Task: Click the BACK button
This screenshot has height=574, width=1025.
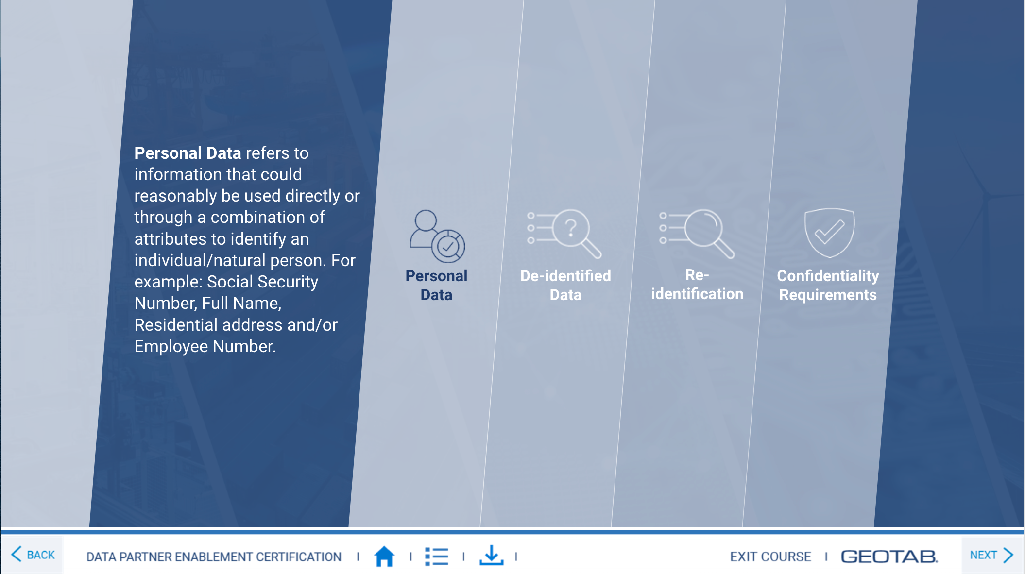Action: (x=33, y=555)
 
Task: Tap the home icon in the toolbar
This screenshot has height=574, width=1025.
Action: (x=384, y=556)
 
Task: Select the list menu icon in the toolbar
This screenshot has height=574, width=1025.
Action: (x=436, y=557)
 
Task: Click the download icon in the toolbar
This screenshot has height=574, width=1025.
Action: (x=491, y=556)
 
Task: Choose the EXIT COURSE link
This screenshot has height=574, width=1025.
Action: (x=770, y=557)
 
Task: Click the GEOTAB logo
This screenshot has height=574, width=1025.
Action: (x=889, y=557)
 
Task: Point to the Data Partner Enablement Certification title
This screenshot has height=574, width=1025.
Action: (x=214, y=557)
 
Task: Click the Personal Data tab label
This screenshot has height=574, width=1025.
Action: (x=436, y=285)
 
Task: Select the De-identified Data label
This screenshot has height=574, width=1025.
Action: (x=565, y=285)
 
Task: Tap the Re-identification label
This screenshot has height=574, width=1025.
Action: (x=697, y=285)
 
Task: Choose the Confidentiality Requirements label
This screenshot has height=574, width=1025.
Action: (x=828, y=285)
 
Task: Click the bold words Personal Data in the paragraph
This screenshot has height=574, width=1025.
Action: (x=188, y=153)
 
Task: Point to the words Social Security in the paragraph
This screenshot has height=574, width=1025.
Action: (x=262, y=282)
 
